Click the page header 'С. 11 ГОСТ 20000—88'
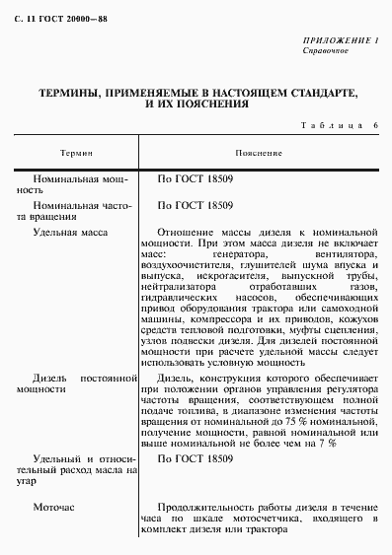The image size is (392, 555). click(x=59, y=23)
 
